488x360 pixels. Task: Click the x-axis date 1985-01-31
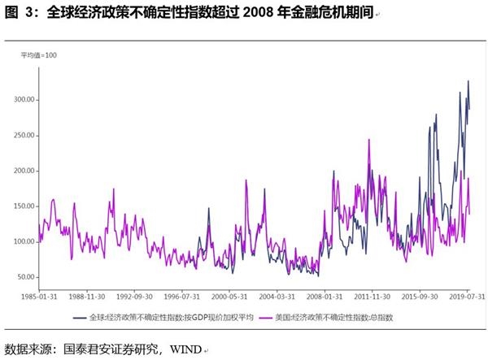38,297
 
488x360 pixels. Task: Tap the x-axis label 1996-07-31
180,297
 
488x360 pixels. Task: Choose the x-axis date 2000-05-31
227,297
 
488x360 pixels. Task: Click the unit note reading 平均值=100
40,54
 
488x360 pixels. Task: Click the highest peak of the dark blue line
468,81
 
